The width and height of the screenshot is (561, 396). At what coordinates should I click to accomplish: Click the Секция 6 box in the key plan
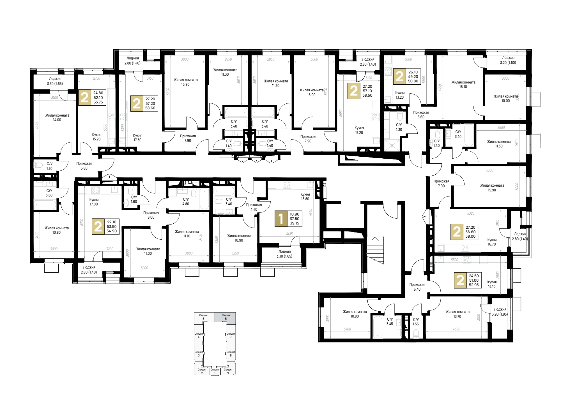(226, 317)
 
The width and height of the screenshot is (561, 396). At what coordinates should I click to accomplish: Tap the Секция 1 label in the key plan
(215, 371)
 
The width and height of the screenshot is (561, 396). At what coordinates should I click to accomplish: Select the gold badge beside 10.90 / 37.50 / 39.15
(281, 219)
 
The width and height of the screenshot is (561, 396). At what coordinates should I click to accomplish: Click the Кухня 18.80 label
(305, 196)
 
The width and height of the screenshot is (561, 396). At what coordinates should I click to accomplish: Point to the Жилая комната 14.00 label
(57, 117)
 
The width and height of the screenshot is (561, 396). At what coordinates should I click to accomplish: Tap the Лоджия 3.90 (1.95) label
(500, 312)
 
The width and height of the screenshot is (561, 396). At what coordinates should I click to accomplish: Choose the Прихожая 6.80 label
(84, 166)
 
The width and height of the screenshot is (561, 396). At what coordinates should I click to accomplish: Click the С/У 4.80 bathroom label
(186, 202)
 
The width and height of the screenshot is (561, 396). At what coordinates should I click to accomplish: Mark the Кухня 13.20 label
(400, 95)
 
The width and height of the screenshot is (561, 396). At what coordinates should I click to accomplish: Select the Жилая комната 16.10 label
(463, 84)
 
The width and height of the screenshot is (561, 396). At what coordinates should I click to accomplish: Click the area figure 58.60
(150, 108)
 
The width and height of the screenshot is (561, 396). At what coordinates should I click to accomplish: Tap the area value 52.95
(474, 285)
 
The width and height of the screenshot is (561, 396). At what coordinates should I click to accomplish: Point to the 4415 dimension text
(289, 234)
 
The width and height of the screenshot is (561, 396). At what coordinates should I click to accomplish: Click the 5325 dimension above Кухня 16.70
(471, 213)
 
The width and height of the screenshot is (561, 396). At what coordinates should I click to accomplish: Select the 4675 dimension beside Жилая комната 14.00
(37, 125)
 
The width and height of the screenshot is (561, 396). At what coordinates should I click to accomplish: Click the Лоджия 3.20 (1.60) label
(508, 60)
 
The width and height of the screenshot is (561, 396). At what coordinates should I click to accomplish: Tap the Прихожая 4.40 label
(254, 207)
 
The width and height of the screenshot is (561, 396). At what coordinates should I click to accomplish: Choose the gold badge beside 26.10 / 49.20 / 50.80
(399, 77)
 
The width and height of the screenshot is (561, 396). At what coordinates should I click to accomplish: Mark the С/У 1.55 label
(416, 322)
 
